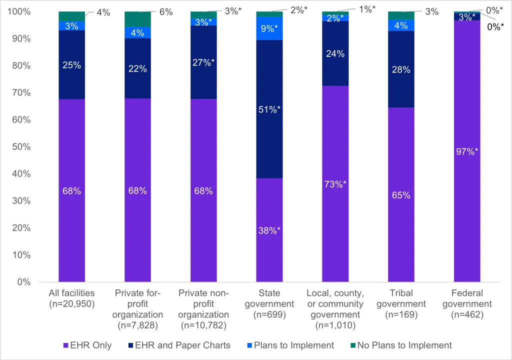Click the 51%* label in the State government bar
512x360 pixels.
tap(269, 109)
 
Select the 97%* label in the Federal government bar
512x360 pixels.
tap(466, 151)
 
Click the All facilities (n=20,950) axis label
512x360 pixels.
tap(71, 298)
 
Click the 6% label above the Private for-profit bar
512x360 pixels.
tap(162, 12)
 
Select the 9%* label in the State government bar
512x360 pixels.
tap(269, 28)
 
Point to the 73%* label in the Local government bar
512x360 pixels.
tap(335, 183)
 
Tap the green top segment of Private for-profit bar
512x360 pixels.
tap(137, 19)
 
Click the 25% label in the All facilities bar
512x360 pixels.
tap(71, 65)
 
